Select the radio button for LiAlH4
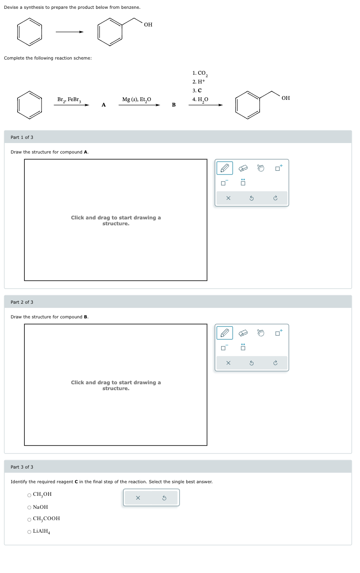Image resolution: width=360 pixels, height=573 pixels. (x=29, y=532)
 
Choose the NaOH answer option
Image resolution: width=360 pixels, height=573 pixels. (x=29, y=507)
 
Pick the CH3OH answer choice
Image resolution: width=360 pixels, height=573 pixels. (x=29, y=495)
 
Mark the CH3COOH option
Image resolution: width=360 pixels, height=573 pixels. (x=29, y=519)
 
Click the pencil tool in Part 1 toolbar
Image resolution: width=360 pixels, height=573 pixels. (x=224, y=168)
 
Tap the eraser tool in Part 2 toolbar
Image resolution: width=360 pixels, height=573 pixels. (x=243, y=333)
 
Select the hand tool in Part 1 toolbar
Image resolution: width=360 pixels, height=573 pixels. (x=261, y=168)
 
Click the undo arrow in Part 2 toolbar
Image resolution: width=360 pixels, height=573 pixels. (x=251, y=363)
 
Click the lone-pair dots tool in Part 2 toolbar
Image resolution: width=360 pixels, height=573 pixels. (x=243, y=347)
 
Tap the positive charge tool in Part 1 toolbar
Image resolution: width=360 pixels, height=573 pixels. (x=279, y=168)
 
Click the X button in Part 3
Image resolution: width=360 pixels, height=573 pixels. (x=138, y=498)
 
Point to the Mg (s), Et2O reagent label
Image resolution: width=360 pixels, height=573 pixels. (x=136, y=99)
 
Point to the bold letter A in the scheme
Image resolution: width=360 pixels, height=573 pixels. (x=104, y=105)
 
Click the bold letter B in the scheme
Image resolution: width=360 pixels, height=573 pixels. (x=174, y=105)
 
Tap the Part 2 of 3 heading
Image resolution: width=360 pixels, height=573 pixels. (x=22, y=302)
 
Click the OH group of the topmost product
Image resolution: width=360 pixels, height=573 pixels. (x=148, y=25)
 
